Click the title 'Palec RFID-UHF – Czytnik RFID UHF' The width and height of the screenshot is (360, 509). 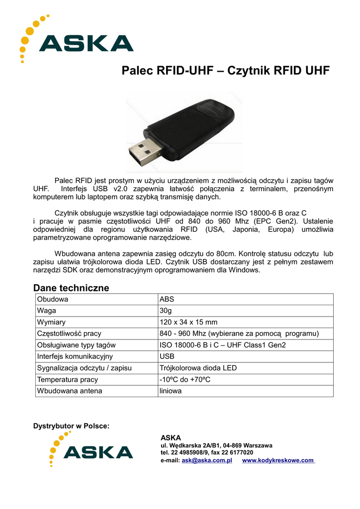point(225,71)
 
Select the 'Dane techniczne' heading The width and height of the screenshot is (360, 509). point(71,288)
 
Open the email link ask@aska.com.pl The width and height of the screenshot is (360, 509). point(207,460)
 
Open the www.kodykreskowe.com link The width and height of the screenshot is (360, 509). point(278,460)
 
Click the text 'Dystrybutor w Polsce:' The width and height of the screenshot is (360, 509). point(71,426)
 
